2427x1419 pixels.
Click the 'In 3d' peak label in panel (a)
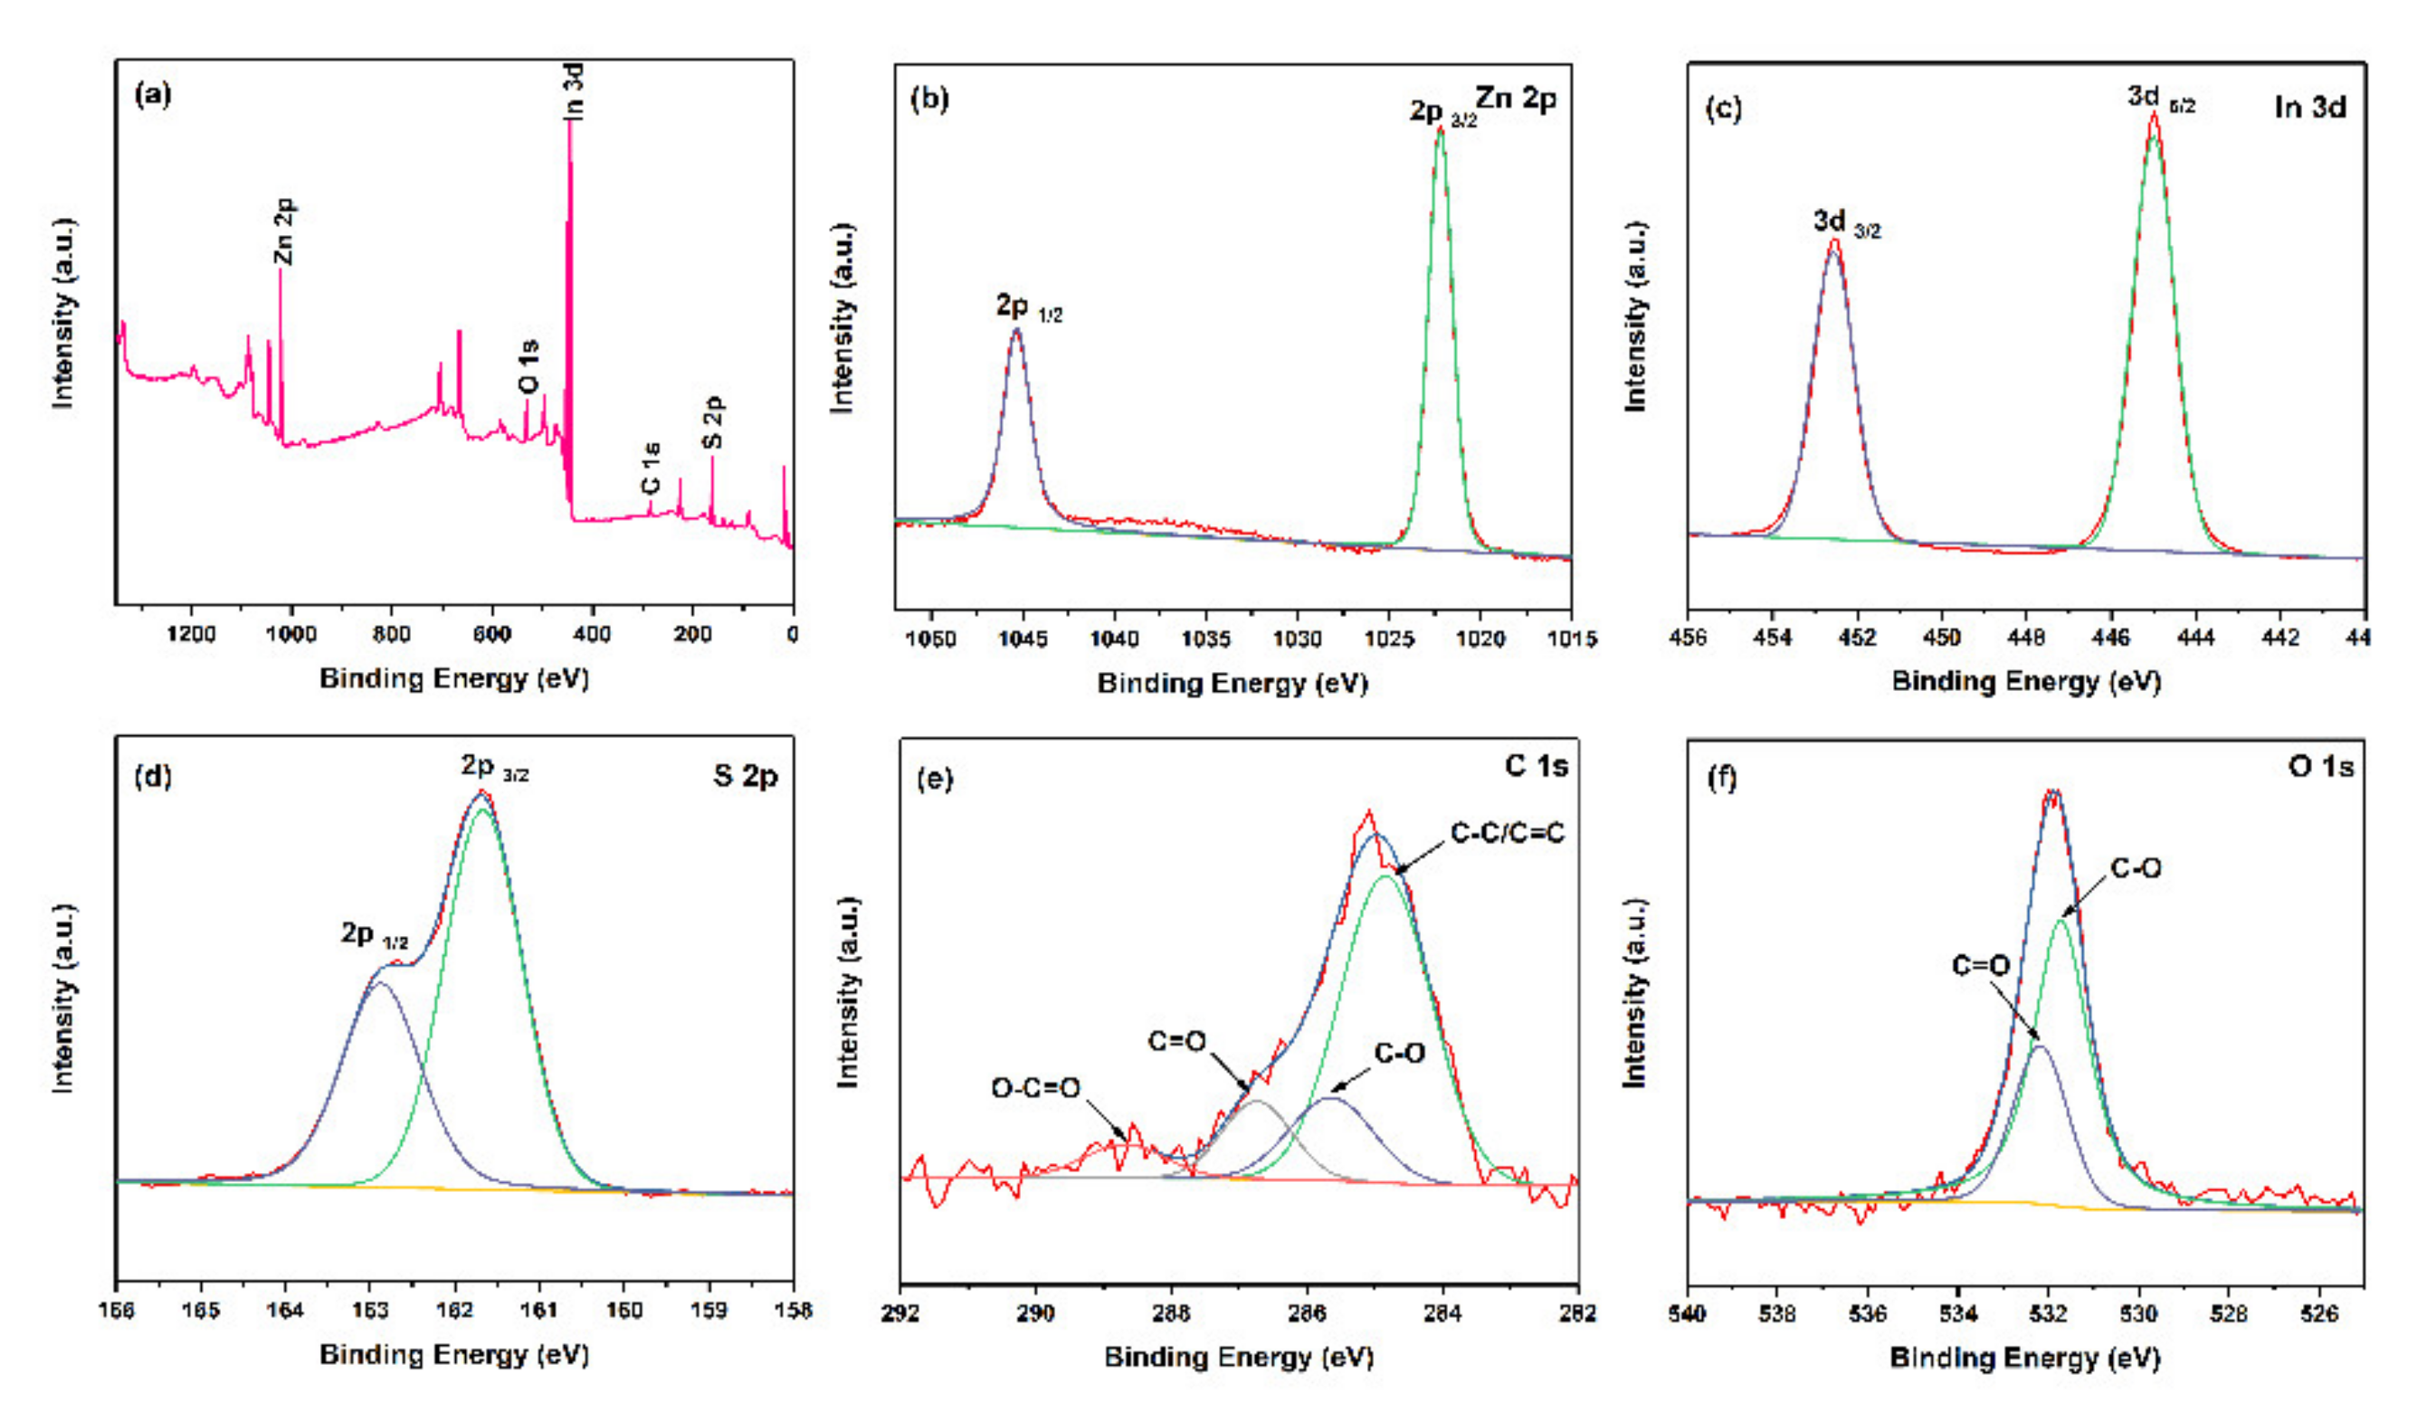(574, 91)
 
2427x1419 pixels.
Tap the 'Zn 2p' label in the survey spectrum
(284, 231)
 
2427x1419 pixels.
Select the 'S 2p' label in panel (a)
(713, 421)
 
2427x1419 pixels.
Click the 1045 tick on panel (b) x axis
(1023, 639)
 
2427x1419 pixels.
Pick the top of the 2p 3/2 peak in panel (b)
(1440, 128)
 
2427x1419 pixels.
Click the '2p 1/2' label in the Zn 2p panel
(1028, 307)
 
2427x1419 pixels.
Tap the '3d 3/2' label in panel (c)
(1845, 223)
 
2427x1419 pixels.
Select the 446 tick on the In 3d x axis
(2111, 638)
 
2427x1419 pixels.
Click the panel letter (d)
(153, 776)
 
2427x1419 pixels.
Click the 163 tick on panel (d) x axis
(370, 1310)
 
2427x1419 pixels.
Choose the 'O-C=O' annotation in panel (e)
(1035, 1089)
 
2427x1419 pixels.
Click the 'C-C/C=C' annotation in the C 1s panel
(1508, 833)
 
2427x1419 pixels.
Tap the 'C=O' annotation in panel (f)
(1980, 965)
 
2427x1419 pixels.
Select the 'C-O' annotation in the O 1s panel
(2136, 868)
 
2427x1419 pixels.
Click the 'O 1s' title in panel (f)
(2320, 767)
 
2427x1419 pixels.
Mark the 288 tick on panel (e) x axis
(1171, 1312)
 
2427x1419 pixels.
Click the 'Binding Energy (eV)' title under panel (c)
(2026, 682)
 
